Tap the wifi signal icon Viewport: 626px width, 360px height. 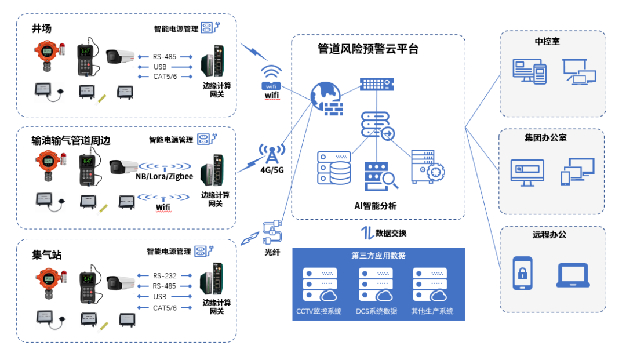(x=271, y=74)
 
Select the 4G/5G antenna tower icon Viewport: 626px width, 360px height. (x=271, y=154)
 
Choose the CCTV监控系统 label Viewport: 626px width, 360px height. (x=319, y=311)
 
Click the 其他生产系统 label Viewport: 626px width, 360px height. (x=431, y=311)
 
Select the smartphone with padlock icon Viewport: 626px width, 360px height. (x=522, y=272)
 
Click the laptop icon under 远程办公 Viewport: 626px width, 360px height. (x=573, y=275)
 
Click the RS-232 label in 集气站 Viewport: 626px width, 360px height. (x=165, y=276)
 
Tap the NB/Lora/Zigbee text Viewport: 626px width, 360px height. (x=165, y=176)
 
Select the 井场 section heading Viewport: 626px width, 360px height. (x=42, y=28)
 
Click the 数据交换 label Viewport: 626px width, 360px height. (x=391, y=233)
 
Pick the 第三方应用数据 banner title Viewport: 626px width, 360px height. (x=378, y=255)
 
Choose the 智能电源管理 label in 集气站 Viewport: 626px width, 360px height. (x=169, y=252)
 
